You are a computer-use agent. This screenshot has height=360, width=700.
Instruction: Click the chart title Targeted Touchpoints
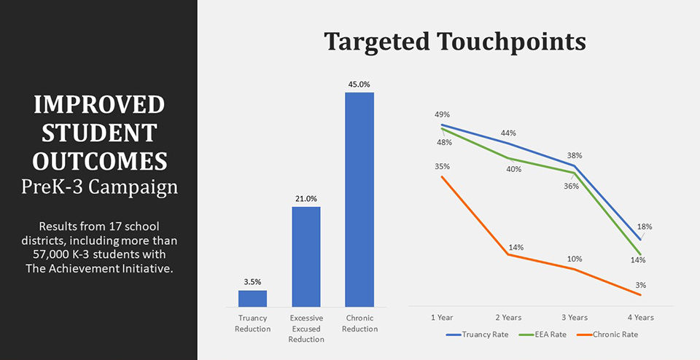(x=455, y=42)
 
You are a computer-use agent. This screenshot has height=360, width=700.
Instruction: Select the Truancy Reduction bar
(x=252, y=298)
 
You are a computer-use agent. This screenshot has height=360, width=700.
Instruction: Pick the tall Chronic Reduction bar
(x=359, y=199)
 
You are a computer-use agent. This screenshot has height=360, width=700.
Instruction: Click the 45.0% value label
(x=359, y=83)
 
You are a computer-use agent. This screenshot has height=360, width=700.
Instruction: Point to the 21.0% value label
(x=306, y=198)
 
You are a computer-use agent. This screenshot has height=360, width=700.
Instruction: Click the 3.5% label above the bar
(x=252, y=281)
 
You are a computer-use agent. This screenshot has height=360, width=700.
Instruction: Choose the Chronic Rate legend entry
(x=608, y=334)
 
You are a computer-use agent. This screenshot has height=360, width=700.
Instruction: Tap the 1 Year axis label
(x=443, y=317)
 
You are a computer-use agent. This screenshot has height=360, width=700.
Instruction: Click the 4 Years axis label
(x=640, y=317)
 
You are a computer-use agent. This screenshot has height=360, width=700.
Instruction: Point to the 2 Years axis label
(x=508, y=317)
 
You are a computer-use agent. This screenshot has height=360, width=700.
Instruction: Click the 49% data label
(x=443, y=114)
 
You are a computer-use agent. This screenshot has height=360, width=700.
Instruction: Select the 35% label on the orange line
(x=443, y=166)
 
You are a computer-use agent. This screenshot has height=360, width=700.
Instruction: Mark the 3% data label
(x=641, y=285)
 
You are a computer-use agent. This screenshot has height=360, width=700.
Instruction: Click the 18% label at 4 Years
(x=645, y=227)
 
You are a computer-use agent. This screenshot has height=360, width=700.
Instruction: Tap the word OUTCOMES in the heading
(x=99, y=160)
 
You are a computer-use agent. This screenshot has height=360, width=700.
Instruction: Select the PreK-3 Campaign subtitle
(x=99, y=187)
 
